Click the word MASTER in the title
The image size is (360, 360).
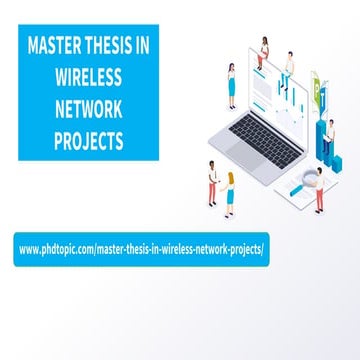pos(56,46)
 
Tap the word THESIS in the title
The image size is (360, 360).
pos(118,46)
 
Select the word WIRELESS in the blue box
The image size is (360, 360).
pos(89,77)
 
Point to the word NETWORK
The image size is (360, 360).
pos(89,108)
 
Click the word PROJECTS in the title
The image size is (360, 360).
pos(89,139)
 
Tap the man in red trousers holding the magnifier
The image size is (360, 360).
pos(319,191)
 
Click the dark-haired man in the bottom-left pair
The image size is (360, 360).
pos(212,182)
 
